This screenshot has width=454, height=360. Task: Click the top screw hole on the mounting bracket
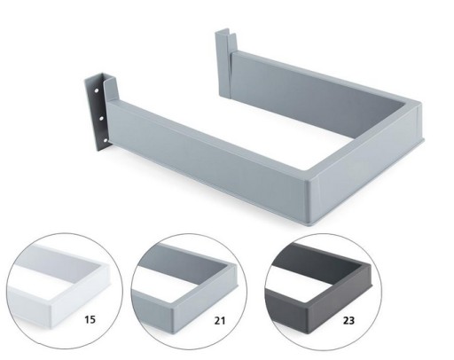click(x=97, y=91)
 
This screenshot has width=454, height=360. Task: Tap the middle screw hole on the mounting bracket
click(x=101, y=119)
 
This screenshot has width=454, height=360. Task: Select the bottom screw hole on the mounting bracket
click(x=106, y=141)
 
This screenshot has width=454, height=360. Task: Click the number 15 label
click(x=90, y=319)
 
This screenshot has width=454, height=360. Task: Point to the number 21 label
click(x=219, y=320)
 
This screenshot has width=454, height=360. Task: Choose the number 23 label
click(x=348, y=320)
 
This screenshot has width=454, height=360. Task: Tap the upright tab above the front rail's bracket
click(x=112, y=89)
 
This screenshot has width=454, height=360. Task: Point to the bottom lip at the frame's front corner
click(x=313, y=223)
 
